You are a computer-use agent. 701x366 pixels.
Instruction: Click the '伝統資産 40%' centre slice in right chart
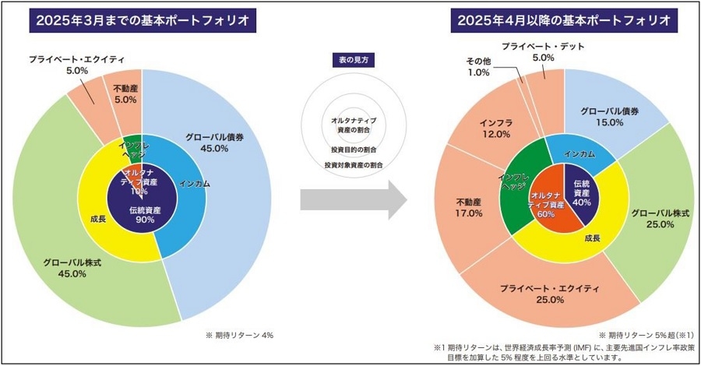(581, 190)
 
